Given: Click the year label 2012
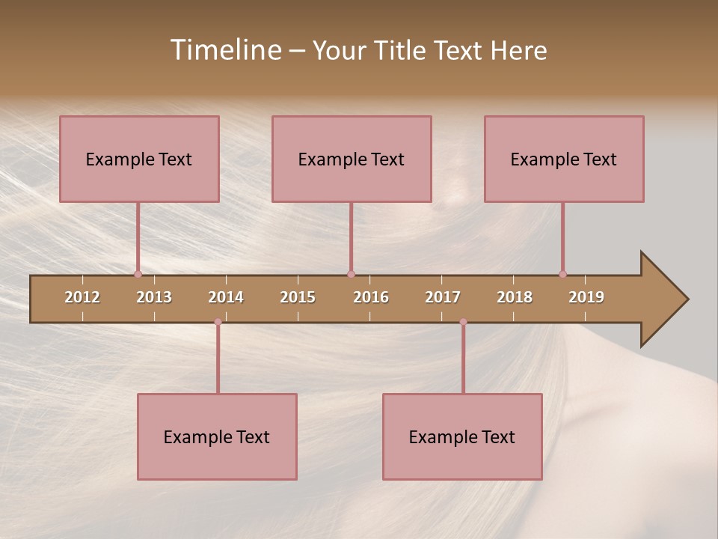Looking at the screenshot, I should [82, 297].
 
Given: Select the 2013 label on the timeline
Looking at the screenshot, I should [154, 297].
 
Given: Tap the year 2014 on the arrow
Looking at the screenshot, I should [226, 297].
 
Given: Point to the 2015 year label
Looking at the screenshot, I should [298, 297].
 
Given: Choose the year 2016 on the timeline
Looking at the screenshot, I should [371, 297].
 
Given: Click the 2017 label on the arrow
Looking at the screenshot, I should [443, 297].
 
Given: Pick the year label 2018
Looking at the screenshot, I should [515, 297].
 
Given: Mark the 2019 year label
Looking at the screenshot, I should [586, 297].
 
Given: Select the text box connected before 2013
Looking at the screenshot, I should [139, 159].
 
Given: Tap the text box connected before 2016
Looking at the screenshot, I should [352, 159].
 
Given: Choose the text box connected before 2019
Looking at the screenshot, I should [564, 159].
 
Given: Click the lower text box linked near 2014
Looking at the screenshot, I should [217, 436].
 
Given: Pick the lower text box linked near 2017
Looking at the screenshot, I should [462, 436].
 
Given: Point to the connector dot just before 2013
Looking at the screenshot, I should [138, 274].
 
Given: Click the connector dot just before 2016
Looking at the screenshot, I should [351, 274].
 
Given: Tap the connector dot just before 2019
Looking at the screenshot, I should [562, 274].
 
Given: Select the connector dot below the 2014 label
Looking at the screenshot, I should [218, 322].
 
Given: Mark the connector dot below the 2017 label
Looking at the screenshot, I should [463, 322].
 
